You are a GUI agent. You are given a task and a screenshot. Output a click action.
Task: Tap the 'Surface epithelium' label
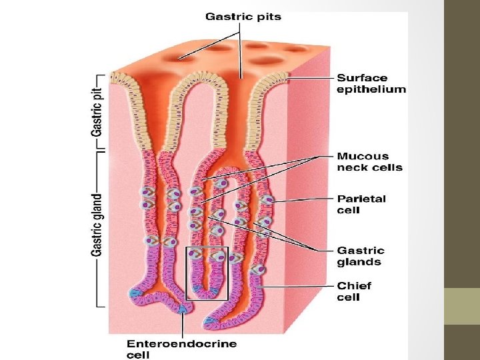pos(371,83)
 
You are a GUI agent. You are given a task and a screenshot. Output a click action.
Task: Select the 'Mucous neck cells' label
pos(369,162)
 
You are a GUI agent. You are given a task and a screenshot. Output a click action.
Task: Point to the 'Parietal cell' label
pos(361,204)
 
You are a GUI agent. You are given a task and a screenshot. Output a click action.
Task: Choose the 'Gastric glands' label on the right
pos(361,256)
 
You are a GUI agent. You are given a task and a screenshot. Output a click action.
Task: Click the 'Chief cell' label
pos(354,291)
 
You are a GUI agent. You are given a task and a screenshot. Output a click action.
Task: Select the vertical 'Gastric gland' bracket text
pos(97,225)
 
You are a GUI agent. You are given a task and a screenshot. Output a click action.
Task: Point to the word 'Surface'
pos(362,78)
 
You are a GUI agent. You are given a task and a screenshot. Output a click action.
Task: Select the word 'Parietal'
pos(361,199)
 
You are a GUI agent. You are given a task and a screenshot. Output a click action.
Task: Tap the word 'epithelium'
pos(371,89)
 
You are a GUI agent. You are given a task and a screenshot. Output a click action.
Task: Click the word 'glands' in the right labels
pos(359,262)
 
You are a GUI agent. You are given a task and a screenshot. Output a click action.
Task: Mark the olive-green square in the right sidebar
pos(462,306)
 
